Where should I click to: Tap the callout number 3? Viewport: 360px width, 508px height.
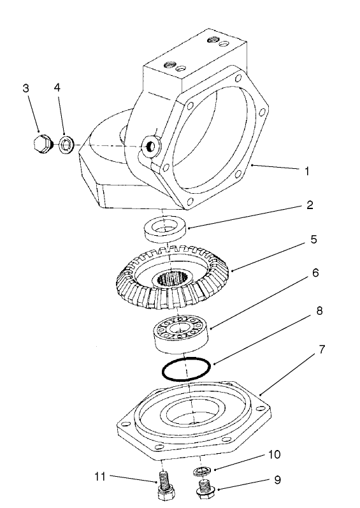point(26,89)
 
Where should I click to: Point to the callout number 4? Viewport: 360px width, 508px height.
point(58,89)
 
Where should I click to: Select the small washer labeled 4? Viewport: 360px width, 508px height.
point(66,144)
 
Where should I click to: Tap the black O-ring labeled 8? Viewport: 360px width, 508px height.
point(185,370)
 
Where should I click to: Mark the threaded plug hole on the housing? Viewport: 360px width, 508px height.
point(151,147)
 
